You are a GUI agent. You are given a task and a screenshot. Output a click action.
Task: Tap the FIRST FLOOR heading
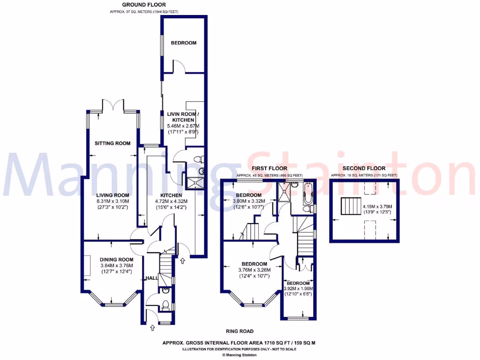pyautogui.click(x=270, y=168)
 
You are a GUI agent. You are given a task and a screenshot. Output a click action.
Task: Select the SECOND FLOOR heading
pyautogui.click(x=364, y=168)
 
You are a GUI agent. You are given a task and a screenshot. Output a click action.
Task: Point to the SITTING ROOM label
pyautogui.click(x=112, y=143)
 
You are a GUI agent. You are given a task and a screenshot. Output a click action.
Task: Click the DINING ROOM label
pyautogui.click(x=117, y=260)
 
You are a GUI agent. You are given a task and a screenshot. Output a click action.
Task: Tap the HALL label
pyautogui.click(x=151, y=278)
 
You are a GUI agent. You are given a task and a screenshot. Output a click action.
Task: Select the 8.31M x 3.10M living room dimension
pyautogui.click(x=112, y=201)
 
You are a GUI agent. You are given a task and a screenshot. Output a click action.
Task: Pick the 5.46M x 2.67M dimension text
pyautogui.click(x=183, y=126)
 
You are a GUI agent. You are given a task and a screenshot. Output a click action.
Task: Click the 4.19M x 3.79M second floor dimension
pyautogui.click(x=377, y=206)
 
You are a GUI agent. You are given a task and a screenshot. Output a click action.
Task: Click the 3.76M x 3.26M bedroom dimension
pyautogui.click(x=255, y=270)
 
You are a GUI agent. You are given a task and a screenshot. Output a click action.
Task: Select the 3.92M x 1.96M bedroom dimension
pyautogui.click(x=298, y=289)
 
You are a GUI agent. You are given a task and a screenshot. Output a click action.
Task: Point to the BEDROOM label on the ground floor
pyautogui.click(x=183, y=43)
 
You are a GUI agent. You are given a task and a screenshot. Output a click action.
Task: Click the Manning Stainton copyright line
pyautogui.click(x=240, y=355)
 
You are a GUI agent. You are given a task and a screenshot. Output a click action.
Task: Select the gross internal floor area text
pyautogui.click(x=240, y=343)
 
